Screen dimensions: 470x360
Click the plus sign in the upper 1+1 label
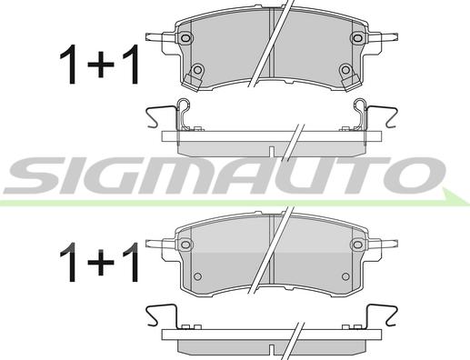pos(101,65)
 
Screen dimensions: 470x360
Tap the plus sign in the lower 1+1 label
pos(101,262)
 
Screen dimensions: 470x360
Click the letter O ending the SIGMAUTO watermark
pos(415,175)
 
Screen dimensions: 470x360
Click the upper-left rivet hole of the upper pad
pos(185,38)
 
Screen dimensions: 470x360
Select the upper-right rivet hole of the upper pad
pos(357,37)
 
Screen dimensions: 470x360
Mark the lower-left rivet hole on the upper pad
pos(197,70)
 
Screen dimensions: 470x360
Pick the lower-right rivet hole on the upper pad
pos(345,70)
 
